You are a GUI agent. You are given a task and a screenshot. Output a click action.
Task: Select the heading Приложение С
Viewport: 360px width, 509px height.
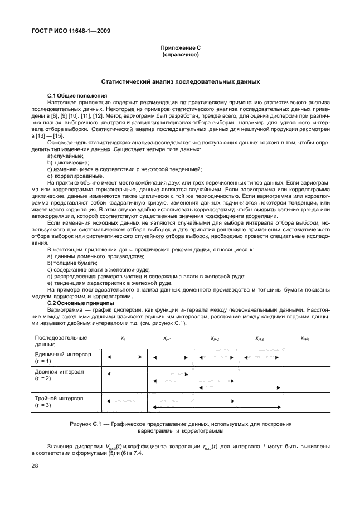(x=180, y=50)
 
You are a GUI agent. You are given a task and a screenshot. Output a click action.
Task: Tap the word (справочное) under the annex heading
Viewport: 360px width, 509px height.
(x=180, y=56)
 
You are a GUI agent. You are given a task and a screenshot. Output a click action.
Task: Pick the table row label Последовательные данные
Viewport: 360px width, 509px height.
(x=61, y=341)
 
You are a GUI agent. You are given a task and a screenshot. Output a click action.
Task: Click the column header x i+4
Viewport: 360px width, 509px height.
(x=305, y=338)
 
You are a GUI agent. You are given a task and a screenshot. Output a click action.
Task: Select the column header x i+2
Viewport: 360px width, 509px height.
(x=215, y=338)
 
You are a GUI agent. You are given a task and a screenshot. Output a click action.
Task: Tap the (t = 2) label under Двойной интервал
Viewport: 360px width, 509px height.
(x=43, y=379)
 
